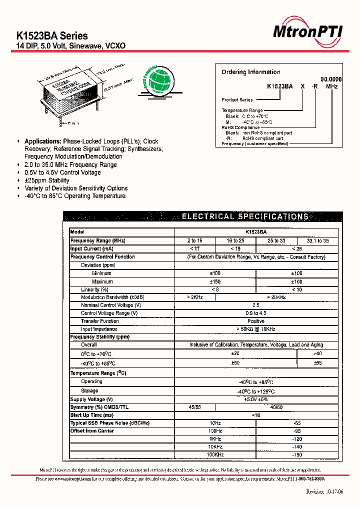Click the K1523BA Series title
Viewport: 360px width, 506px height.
pos(52,36)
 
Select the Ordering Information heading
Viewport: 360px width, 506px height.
pos(250,72)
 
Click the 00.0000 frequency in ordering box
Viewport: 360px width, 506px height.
pos(330,79)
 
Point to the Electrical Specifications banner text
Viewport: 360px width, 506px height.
pos(244,217)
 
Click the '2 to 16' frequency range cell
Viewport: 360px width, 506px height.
pos(195,241)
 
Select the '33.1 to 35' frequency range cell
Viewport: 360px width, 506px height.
pos(317,241)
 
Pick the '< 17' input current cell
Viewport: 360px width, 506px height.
pos(195,249)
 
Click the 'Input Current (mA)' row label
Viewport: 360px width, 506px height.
pos(92,249)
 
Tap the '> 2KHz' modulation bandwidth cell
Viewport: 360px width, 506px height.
pos(195,297)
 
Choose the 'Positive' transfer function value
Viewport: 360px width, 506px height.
pos(256,321)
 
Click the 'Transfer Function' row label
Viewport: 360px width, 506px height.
pos(100,321)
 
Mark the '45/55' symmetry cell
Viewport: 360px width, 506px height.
pos(195,407)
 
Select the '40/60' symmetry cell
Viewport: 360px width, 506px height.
pos(276,407)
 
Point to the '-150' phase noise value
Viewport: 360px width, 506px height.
pos(297,455)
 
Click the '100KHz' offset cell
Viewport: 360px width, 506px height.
pos(215,455)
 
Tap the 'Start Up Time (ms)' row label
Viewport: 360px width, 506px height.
pos(92,415)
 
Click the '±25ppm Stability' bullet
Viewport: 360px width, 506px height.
pos(47,180)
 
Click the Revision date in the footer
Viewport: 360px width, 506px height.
pos(324,491)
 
